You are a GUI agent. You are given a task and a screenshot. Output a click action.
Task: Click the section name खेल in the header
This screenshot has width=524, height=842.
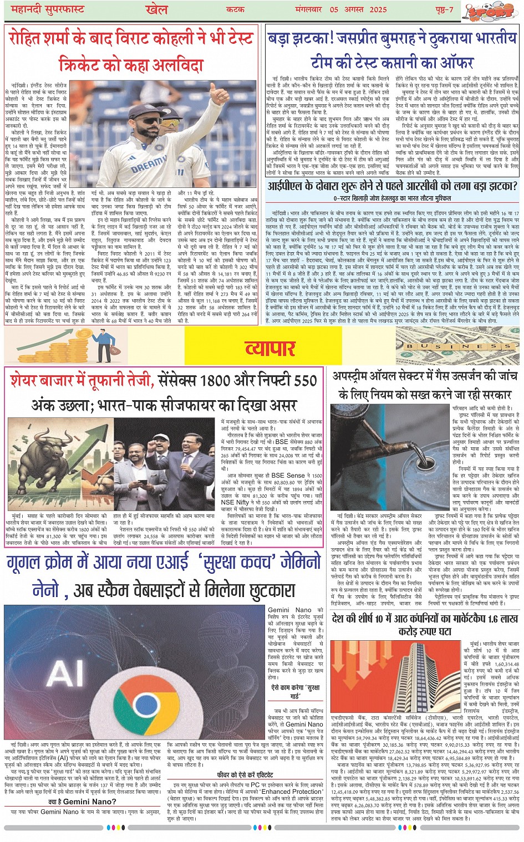point(156,9)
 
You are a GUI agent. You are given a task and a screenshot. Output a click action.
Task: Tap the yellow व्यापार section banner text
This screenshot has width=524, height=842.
point(270,348)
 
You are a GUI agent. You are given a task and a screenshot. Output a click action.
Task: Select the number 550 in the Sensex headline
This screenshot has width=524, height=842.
point(305,381)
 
